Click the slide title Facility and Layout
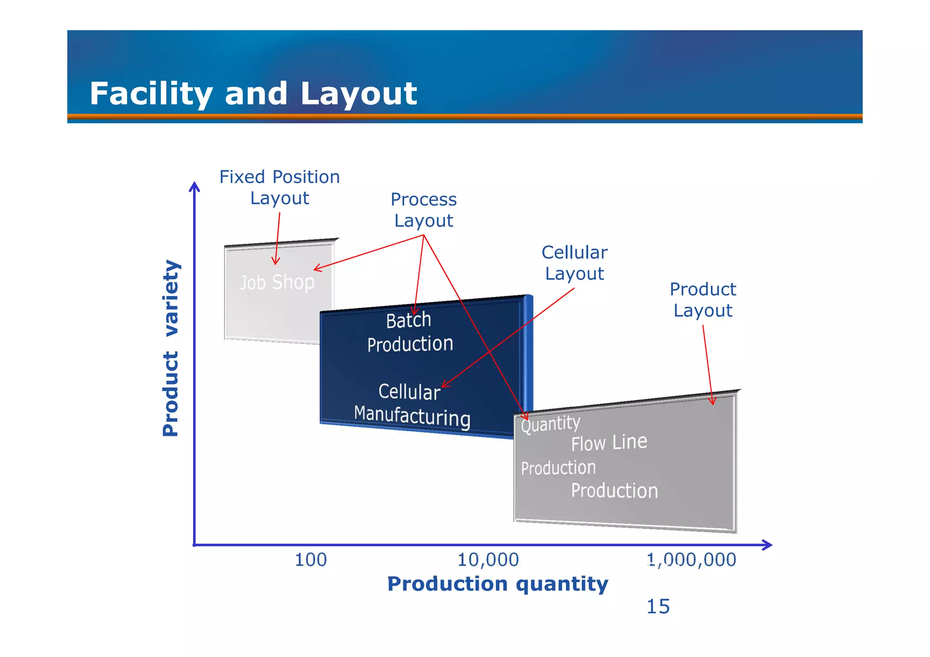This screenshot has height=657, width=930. click(253, 94)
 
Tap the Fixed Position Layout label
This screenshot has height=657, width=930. click(279, 188)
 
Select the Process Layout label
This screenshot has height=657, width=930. click(423, 210)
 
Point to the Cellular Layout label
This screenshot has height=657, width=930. click(574, 263)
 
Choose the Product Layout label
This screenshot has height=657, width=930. click(702, 300)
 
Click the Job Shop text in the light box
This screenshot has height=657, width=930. click(277, 282)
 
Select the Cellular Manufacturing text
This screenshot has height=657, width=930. click(411, 404)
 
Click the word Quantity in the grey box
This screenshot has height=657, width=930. click(550, 424)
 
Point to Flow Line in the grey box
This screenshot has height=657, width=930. click(608, 443)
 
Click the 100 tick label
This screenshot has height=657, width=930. click(311, 560)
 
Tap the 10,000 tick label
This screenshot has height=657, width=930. click(488, 560)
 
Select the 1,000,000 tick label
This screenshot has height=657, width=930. click(691, 560)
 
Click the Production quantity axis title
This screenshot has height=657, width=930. click(497, 584)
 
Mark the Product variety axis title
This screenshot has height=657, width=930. click(171, 348)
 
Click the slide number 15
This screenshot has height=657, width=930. click(658, 607)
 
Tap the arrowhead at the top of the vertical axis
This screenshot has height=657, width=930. click(194, 186)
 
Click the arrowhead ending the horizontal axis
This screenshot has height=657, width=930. click(767, 545)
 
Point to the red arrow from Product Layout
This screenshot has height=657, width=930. click(707, 363)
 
